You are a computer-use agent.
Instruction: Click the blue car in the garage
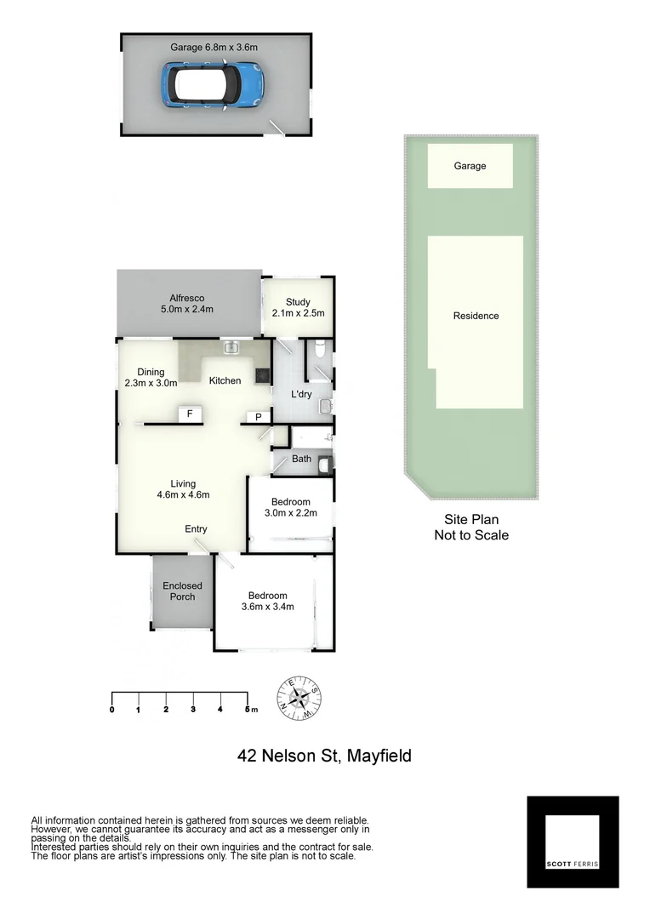[x=213, y=85]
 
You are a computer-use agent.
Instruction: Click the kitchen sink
[x=231, y=347]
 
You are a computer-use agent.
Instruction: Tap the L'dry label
[x=302, y=394]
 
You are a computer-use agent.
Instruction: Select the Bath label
[x=301, y=459]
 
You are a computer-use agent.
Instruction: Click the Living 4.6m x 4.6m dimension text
[x=183, y=494]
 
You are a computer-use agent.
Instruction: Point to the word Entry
[x=196, y=529]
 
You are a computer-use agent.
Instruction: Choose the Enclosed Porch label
[x=183, y=591]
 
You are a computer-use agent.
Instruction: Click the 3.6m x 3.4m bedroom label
[x=267, y=602]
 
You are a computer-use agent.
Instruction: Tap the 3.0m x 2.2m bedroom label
[x=290, y=507]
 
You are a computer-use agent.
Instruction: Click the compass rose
[x=299, y=698]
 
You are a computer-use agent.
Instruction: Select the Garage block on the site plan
[x=470, y=166]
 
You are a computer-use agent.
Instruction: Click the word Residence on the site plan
[x=476, y=316]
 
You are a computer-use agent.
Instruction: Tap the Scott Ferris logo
[x=573, y=842]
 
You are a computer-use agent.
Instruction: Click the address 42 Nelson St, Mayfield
[x=324, y=755]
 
